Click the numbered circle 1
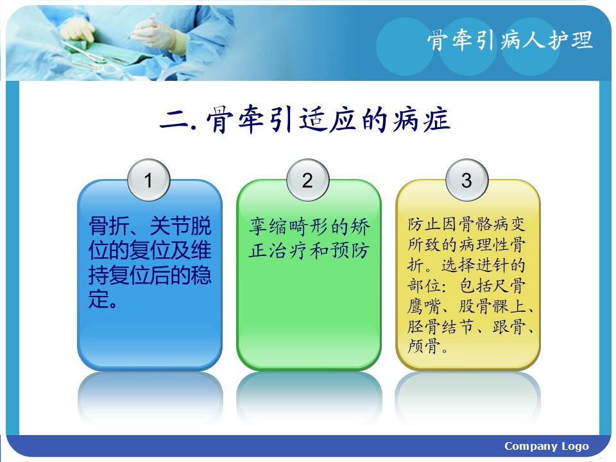click(148, 180)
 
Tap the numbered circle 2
click(307, 180)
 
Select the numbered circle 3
click(466, 180)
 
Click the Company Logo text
click(547, 446)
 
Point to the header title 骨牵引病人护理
click(509, 40)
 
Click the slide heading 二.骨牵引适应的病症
click(305, 119)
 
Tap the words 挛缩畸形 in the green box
click(289, 227)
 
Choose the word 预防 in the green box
click(350, 250)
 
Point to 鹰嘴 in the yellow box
click(424, 306)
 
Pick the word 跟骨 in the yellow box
click(509, 326)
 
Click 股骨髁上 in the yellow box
click(492, 306)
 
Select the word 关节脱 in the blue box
click(181, 225)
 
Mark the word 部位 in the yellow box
click(424, 286)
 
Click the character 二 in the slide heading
click(175, 119)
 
